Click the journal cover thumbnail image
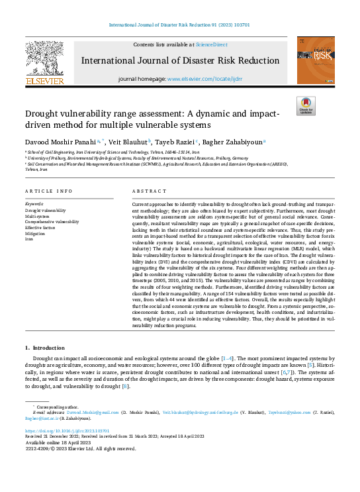tap(314, 60)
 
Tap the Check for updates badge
tap(306, 106)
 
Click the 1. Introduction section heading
tap(46, 348)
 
